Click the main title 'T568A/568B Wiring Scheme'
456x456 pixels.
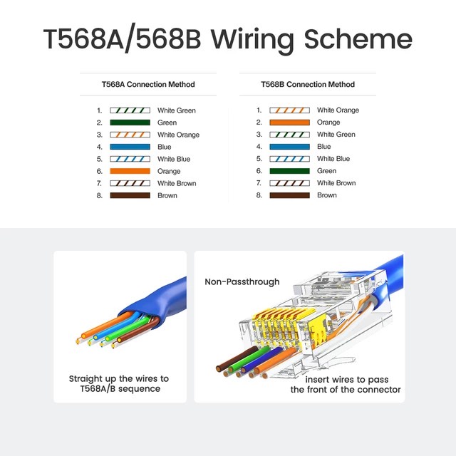pyautogui.click(x=227, y=38)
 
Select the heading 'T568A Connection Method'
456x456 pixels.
pyautogui.click(x=147, y=84)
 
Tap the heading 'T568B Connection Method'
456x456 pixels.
pyautogui.click(x=307, y=84)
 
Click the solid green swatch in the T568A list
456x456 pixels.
pyautogui.click(x=130, y=123)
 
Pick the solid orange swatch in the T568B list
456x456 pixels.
pyautogui.click(x=289, y=123)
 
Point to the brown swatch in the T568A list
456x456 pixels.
pyautogui.click(x=130, y=195)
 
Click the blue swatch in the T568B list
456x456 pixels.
pyautogui.click(x=289, y=147)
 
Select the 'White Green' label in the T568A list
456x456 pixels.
pyautogui.click(x=176, y=110)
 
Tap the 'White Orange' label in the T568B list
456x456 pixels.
pyautogui.click(x=338, y=110)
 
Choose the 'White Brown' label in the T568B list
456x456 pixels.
pyautogui.click(x=336, y=183)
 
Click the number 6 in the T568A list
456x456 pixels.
pyautogui.click(x=100, y=171)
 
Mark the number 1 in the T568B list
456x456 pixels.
pyautogui.click(x=259, y=110)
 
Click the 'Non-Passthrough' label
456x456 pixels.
pyautogui.click(x=242, y=282)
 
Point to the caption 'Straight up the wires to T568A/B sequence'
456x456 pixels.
pyautogui.click(x=119, y=384)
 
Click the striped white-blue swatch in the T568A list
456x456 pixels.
pyautogui.click(x=130, y=159)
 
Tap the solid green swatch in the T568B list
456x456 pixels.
pyautogui.click(x=289, y=171)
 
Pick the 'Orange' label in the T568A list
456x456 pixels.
pyautogui.click(x=169, y=171)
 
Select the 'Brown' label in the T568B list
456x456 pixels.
pyautogui.click(x=327, y=195)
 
